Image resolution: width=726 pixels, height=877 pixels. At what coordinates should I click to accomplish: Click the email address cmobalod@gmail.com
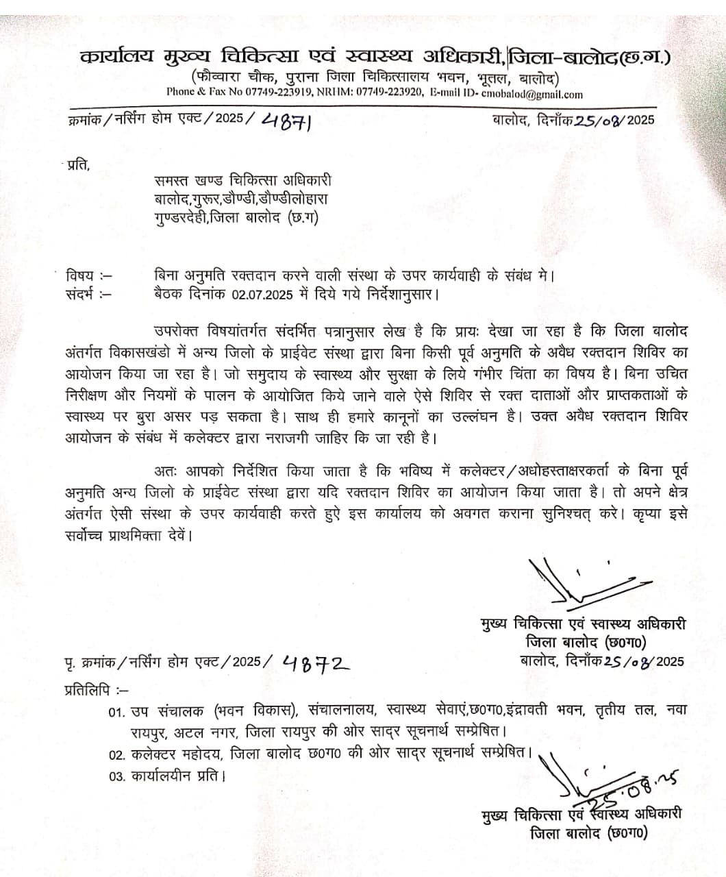click(532, 95)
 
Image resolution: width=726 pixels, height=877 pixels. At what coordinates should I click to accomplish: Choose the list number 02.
click(117, 755)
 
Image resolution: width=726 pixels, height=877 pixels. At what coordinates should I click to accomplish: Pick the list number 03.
click(117, 777)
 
